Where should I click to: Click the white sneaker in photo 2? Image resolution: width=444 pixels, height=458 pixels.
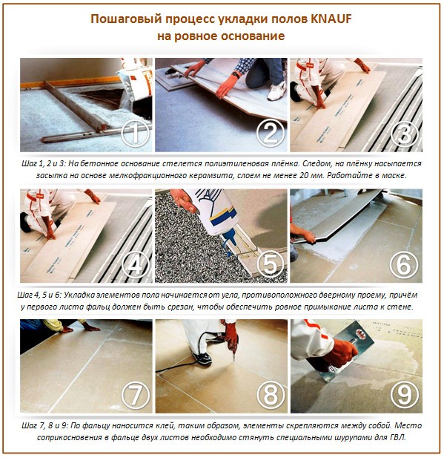click(276, 91)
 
